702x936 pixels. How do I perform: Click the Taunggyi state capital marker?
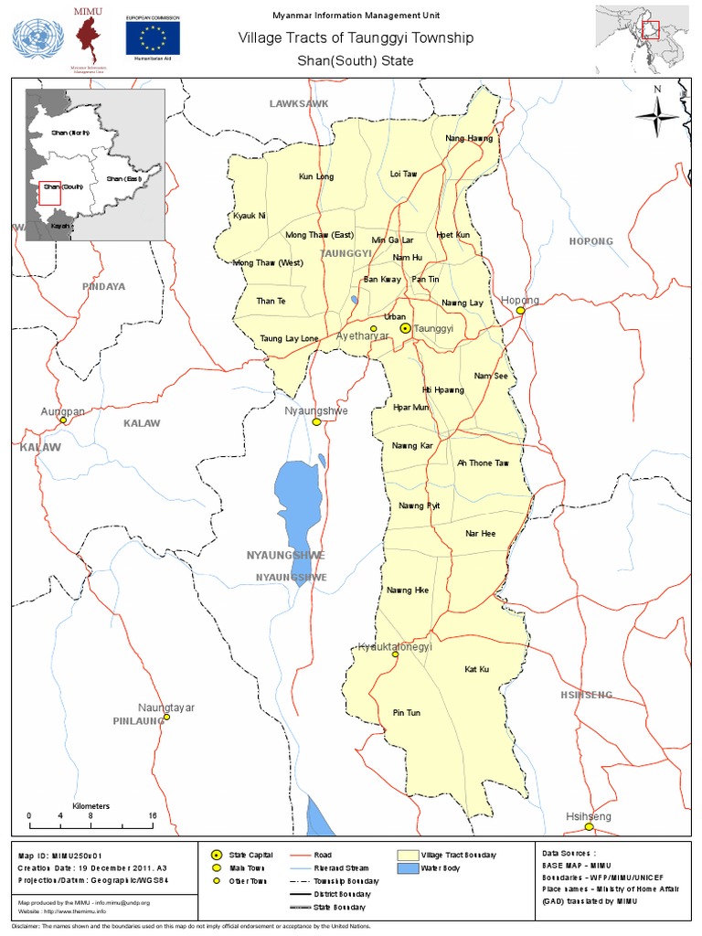pyautogui.click(x=405, y=327)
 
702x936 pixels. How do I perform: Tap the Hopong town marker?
pyautogui.click(x=520, y=311)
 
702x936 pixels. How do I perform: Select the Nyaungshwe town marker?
pyautogui.click(x=316, y=422)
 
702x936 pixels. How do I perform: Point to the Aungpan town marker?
pyautogui.click(x=63, y=421)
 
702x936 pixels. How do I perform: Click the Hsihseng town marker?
pyautogui.click(x=590, y=826)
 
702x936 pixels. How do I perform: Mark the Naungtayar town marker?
pyautogui.click(x=166, y=718)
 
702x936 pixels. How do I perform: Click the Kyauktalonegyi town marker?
pyautogui.click(x=395, y=654)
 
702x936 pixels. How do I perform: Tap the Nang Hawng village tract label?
pyautogui.click(x=469, y=139)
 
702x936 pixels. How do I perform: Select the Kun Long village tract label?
pyautogui.click(x=316, y=176)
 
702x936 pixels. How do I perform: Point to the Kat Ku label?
pyautogui.click(x=476, y=670)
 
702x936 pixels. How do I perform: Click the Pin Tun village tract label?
pyautogui.click(x=406, y=713)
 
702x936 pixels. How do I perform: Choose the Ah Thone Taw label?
pyautogui.click(x=482, y=463)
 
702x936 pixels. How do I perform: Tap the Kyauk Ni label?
pyautogui.click(x=249, y=216)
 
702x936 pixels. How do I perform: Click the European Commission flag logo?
pyautogui.click(x=153, y=38)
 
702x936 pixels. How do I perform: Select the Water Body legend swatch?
pyautogui.click(x=406, y=867)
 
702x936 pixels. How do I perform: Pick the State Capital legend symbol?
pyautogui.click(x=217, y=855)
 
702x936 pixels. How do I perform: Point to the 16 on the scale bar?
pyautogui.click(x=152, y=816)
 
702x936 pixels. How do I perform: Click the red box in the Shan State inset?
pyautogui.click(x=49, y=192)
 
